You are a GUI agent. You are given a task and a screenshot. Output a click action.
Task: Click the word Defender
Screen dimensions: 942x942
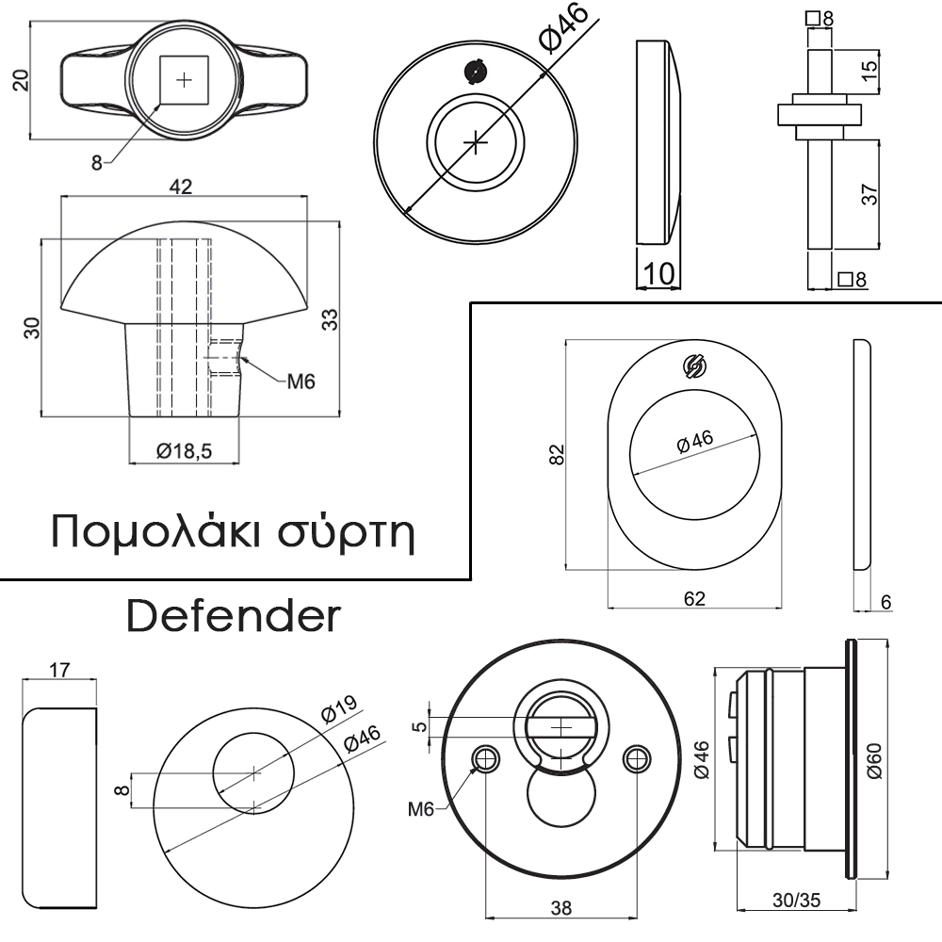234,616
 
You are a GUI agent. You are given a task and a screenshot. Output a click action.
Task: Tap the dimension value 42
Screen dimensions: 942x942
180,187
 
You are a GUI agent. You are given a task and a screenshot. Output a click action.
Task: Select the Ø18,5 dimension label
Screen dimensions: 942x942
184,450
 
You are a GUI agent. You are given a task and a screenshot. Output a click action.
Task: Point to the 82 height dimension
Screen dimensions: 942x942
557,454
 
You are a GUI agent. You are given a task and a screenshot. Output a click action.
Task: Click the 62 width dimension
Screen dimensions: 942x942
694,598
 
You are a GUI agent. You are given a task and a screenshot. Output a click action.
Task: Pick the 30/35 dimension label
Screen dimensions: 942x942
796,900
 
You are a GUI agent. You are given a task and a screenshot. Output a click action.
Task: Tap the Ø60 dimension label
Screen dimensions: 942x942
874,760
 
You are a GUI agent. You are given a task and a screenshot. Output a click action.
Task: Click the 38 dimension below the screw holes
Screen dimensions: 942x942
560,908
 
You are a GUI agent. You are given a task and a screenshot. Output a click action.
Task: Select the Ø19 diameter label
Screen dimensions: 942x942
339,708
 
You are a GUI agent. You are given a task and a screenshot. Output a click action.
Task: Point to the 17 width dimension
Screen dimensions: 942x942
59,669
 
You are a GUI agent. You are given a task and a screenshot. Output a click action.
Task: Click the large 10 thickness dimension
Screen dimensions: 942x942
658,274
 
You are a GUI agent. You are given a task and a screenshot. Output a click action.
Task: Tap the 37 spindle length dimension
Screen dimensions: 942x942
869,194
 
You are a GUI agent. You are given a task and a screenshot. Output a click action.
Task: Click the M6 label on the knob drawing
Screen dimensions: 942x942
300,382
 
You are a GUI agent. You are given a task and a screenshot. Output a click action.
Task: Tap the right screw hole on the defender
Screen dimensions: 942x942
637,759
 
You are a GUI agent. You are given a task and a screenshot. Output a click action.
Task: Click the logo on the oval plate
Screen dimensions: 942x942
694,366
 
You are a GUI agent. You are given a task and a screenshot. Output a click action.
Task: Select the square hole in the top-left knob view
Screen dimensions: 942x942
184,80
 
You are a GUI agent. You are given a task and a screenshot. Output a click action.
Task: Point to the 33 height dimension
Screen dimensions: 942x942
330,319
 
